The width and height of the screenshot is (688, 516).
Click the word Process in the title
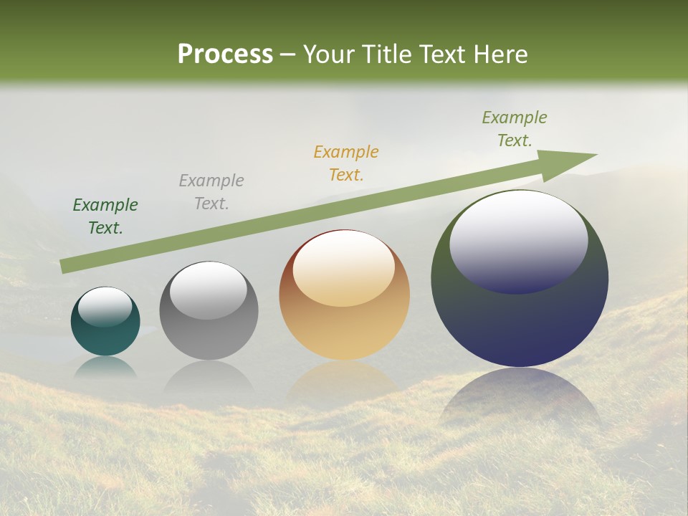coord(225,54)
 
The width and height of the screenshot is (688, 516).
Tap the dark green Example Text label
coord(105,216)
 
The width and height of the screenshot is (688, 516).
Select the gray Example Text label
coord(211,192)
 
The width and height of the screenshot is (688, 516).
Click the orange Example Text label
coord(346,163)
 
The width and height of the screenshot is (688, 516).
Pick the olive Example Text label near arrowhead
coord(515,128)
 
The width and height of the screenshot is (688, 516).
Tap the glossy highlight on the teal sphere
coord(105,307)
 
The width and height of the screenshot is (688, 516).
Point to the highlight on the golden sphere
coord(344,269)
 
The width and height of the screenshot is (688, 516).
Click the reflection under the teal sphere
coord(105,366)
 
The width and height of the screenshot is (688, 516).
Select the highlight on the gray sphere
coord(209,290)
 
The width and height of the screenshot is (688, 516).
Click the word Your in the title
coord(327,54)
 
